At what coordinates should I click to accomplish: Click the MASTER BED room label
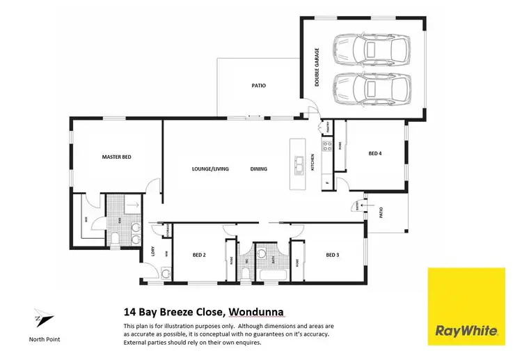point(116,157)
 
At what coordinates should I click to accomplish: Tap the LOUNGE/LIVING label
point(210,169)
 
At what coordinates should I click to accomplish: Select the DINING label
point(259,169)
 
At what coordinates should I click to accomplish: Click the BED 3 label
point(333,255)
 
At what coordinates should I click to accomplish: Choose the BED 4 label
point(375,154)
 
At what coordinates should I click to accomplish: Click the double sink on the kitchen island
point(298,164)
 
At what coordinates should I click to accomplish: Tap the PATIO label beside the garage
point(259,86)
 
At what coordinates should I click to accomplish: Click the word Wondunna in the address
point(254,312)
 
